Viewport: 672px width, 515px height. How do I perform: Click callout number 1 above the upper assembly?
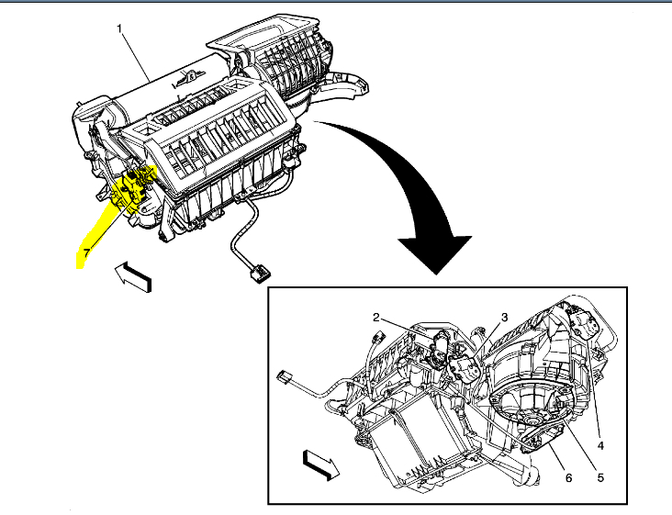pyautogui.click(x=119, y=28)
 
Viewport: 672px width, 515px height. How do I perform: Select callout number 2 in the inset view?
pyautogui.click(x=376, y=317)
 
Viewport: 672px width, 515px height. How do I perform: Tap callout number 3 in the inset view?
pyautogui.click(x=504, y=317)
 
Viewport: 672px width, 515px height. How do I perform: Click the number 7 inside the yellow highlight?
pyautogui.click(x=86, y=251)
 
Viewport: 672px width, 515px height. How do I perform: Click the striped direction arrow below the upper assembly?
pyautogui.click(x=133, y=275)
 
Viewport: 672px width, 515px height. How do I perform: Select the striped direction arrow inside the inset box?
pyautogui.click(x=319, y=464)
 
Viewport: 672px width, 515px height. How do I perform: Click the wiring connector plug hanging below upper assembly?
pyautogui.click(x=261, y=272)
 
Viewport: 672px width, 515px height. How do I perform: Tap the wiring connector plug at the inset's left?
pyautogui.click(x=284, y=376)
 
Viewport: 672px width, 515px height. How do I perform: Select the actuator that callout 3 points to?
pyautogui.click(x=465, y=367)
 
